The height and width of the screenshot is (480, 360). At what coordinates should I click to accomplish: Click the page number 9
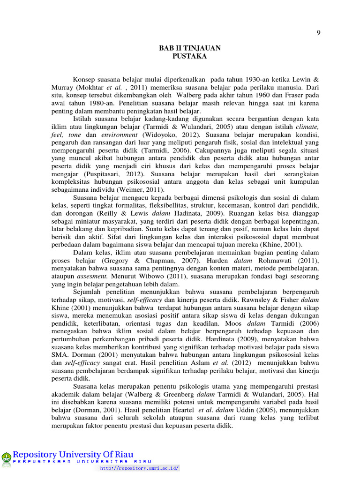click(x=319, y=33)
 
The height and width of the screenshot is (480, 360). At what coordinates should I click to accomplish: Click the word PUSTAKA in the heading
click(x=189, y=57)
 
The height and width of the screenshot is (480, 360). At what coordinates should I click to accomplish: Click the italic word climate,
click(x=307, y=127)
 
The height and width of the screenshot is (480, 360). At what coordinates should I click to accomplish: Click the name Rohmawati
click(x=274, y=261)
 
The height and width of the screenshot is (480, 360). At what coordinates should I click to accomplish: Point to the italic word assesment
click(x=93, y=277)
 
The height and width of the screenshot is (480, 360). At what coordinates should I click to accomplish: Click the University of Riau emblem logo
click(x=7, y=458)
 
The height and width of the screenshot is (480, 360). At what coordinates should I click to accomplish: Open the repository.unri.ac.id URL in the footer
click(x=140, y=468)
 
